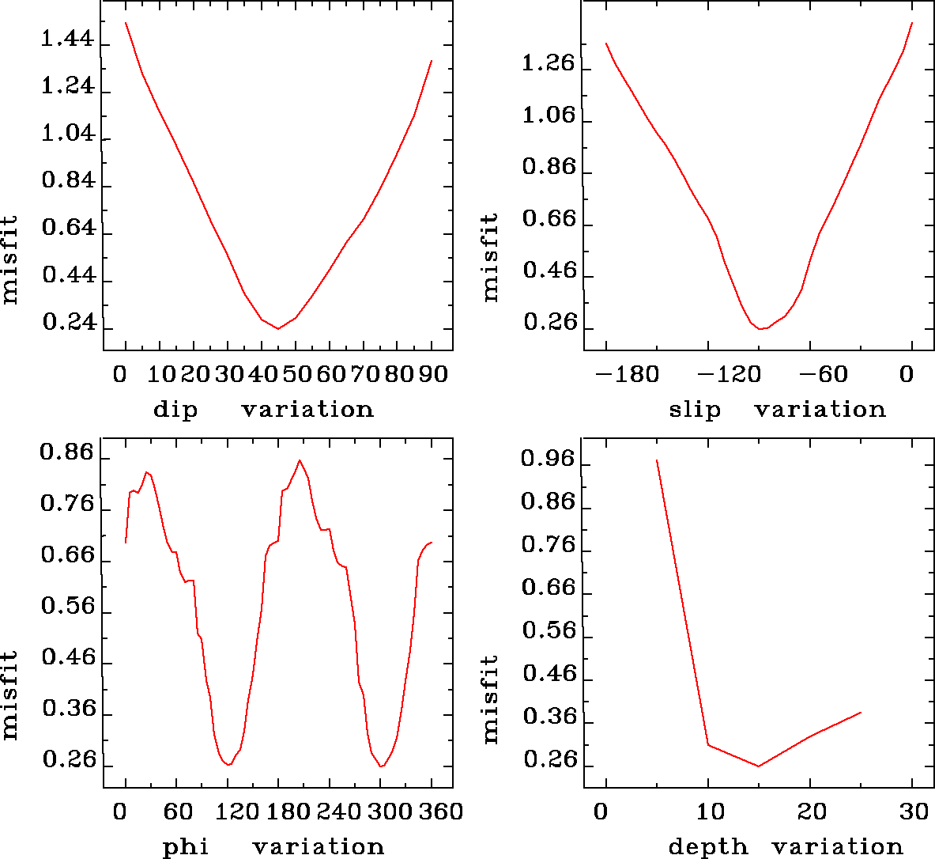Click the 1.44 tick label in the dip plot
point(67,39)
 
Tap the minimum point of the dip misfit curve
point(278,328)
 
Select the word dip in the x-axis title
point(175,410)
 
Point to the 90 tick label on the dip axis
point(432,373)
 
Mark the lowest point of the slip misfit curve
point(760,328)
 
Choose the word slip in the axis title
point(695,410)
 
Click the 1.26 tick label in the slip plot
point(549,63)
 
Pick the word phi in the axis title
point(186,847)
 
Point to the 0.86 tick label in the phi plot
point(67,454)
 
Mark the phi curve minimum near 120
point(228,765)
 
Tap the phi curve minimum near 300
point(381,766)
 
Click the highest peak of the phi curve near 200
point(300,460)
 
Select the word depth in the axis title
point(707,847)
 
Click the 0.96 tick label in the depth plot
point(548,460)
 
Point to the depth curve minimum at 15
point(759,766)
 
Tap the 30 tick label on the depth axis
point(915,812)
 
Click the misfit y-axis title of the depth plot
point(491,698)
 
